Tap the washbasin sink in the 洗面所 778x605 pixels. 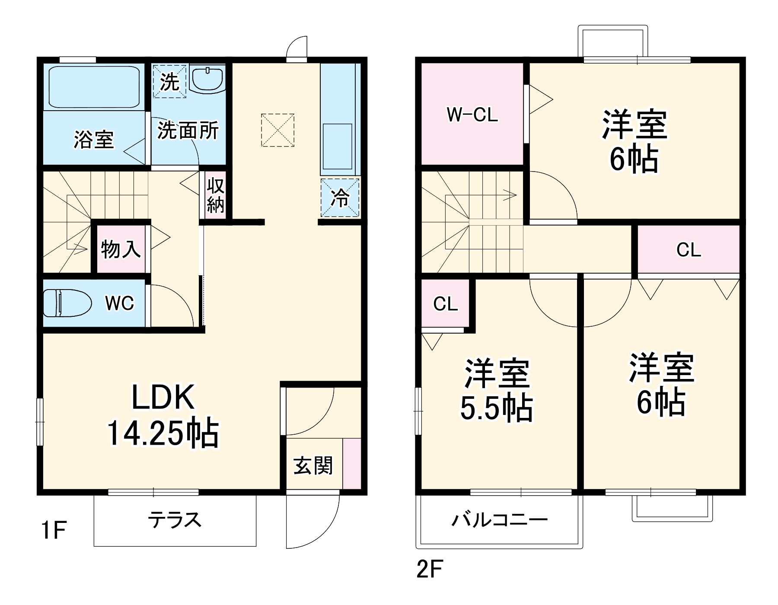click(x=207, y=79)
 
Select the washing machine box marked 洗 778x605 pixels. click(x=169, y=81)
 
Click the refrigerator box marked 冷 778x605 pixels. click(x=340, y=198)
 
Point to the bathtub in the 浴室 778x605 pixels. click(x=93, y=87)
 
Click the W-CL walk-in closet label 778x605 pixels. click(x=472, y=115)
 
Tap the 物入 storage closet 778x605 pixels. click(x=121, y=249)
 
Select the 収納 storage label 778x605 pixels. click(x=215, y=195)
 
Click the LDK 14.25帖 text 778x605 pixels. click(x=163, y=415)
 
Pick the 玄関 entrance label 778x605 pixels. click(x=313, y=466)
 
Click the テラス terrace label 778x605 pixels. click(x=175, y=520)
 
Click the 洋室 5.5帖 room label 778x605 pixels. click(x=496, y=391)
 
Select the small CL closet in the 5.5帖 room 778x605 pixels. click(x=445, y=304)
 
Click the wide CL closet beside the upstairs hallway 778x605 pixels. click(x=688, y=250)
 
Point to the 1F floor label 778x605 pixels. click(x=54, y=530)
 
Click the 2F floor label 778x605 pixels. click(x=430, y=570)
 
